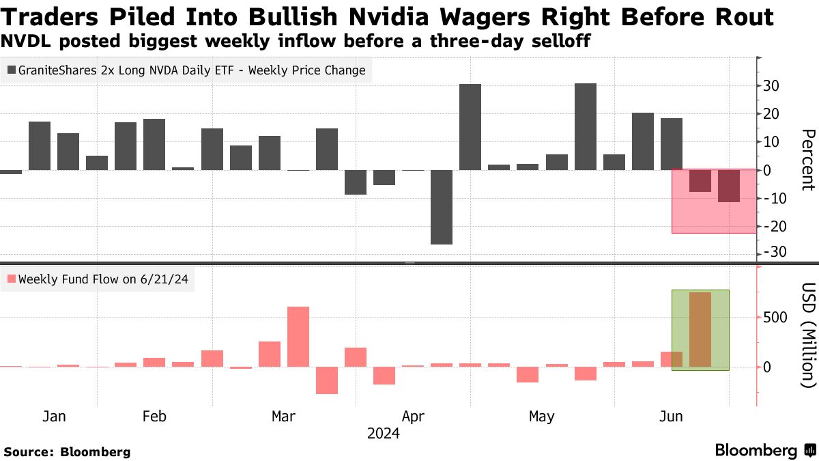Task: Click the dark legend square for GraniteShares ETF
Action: (x=12, y=70)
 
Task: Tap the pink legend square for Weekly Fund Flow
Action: (x=12, y=279)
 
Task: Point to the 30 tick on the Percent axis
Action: (x=773, y=86)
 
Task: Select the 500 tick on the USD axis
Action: (x=777, y=318)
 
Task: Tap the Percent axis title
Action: (x=807, y=160)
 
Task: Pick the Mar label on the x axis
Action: (x=283, y=417)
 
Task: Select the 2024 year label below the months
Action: (x=384, y=434)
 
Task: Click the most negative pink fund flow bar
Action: (x=327, y=380)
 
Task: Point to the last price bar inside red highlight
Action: (x=729, y=186)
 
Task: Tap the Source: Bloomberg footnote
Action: (x=67, y=451)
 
